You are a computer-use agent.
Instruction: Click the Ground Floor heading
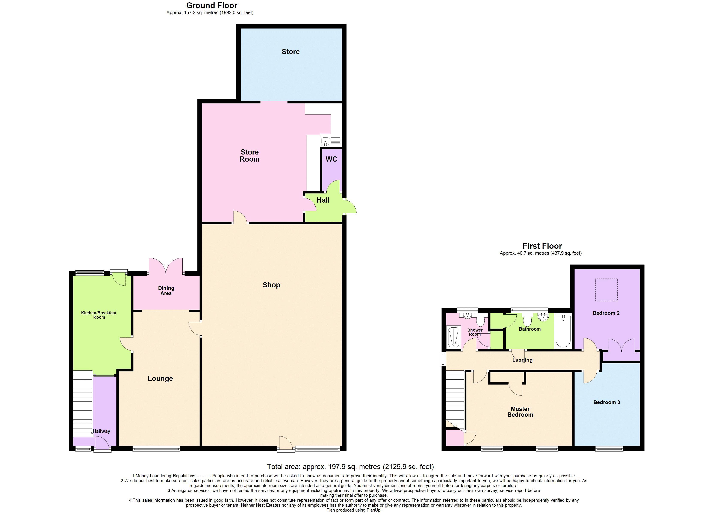coord(212,5)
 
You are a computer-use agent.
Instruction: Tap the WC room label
coord(331,159)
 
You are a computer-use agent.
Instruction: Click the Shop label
coord(271,285)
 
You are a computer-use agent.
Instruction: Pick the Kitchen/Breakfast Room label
coord(99,315)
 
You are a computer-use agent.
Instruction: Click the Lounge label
coord(160,379)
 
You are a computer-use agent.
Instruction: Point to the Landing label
coord(522,360)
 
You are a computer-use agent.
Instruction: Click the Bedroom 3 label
coord(607,402)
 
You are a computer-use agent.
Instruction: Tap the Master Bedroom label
coord(520,412)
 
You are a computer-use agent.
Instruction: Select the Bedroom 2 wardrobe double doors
coord(621,345)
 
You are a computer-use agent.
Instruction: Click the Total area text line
coord(350,467)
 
